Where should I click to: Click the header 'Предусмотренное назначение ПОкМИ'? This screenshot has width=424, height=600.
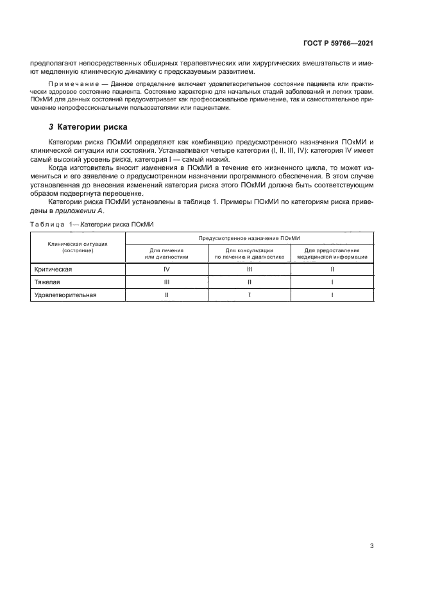249,237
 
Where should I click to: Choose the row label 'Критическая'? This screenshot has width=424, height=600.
53,270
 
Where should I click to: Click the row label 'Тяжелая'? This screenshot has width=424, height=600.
46,282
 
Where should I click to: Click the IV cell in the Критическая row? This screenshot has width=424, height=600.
166,270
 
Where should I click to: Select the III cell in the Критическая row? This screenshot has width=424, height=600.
249,270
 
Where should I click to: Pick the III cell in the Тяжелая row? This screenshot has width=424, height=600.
166,282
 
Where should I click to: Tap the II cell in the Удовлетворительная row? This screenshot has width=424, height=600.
166,295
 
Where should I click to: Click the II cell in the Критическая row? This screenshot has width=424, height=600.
332,270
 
